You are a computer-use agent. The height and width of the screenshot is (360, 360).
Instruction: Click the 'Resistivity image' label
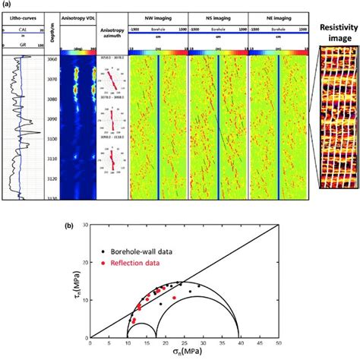pos(337,30)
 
